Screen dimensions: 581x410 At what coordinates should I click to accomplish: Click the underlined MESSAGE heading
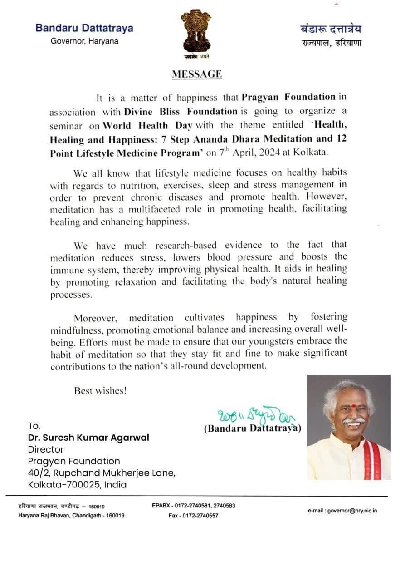tap(197, 74)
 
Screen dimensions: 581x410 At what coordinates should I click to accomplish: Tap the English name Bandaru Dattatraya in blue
tap(84, 28)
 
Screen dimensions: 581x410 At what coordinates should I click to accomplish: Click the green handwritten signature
tap(250, 414)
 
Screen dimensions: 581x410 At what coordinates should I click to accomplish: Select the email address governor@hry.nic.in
tap(342, 511)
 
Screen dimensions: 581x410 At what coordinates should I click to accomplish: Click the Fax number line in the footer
tap(193, 516)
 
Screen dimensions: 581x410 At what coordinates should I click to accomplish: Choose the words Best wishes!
tap(101, 390)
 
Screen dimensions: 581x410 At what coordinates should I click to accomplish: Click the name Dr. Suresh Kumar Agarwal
tap(88, 438)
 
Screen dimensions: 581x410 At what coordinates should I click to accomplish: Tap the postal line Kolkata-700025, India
tap(78, 484)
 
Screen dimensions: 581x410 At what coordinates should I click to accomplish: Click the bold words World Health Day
tap(141, 125)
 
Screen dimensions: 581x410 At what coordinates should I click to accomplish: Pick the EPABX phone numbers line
tap(194, 506)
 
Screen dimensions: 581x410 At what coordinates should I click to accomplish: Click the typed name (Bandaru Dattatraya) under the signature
tap(252, 428)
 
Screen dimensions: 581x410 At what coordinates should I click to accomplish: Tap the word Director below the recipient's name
tap(46, 449)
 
